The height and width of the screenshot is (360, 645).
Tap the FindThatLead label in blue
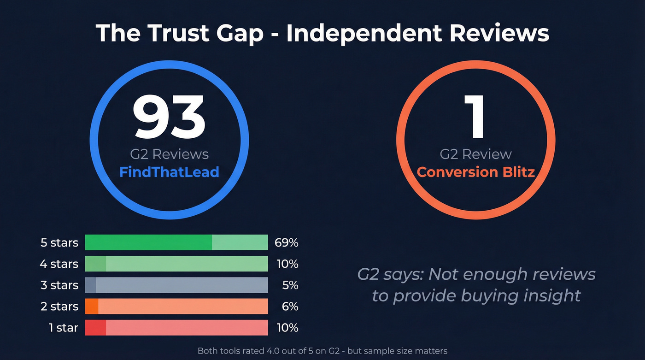(169, 172)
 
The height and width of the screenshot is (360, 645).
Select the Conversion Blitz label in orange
(475, 172)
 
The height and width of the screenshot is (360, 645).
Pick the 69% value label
(286, 242)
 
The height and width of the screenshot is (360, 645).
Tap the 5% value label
(290, 285)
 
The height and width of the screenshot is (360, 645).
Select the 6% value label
(290, 307)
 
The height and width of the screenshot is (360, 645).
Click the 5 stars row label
(59, 242)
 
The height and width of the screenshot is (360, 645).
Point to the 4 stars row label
(59, 264)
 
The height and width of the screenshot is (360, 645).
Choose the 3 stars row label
(59, 285)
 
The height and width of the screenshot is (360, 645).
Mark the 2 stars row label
(59, 307)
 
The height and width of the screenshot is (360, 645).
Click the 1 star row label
(64, 328)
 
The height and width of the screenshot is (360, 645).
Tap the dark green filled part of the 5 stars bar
(148, 242)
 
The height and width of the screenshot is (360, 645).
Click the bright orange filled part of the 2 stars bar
(92, 307)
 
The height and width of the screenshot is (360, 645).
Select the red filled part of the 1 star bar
(95, 328)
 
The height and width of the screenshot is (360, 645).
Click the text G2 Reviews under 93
(169, 154)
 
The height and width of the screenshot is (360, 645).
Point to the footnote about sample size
(322, 351)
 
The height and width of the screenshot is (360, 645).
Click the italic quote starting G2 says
(476, 285)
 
